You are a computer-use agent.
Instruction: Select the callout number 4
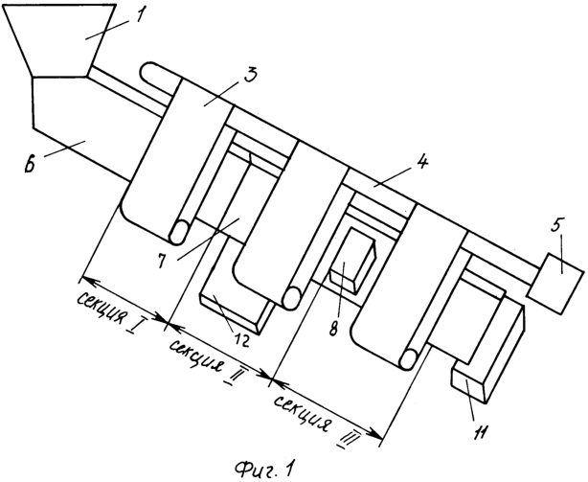click(421, 163)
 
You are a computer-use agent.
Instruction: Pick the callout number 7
click(162, 262)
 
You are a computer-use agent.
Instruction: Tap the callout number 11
click(481, 433)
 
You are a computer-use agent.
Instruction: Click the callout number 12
click(239, 339)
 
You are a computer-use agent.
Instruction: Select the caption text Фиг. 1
click(263, 467)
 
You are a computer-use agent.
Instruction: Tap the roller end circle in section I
click(179, 233)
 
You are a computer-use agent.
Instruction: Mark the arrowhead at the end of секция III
click(377, 435)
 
